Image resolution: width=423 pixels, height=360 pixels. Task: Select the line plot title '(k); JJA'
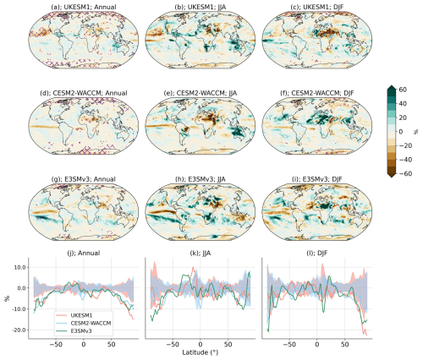[x=201, y=242]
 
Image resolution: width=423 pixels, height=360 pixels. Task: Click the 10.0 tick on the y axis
[x=19, y=266]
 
